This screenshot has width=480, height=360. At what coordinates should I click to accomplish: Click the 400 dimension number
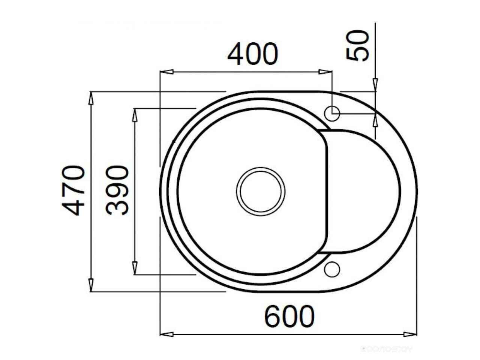coord(253,54)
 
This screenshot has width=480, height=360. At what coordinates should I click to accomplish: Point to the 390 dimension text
coord(117,190)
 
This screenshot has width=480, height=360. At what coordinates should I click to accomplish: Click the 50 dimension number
coord(358,46)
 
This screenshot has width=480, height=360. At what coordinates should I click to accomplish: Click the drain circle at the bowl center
coord(261,191)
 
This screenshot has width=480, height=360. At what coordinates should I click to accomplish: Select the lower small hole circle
coord(332,270)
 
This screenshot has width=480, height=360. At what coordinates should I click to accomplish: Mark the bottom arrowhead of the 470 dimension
coord(91,285)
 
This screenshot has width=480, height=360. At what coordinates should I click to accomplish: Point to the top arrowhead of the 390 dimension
coord(135,115)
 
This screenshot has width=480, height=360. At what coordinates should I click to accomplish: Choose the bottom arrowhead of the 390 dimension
coord(135,268)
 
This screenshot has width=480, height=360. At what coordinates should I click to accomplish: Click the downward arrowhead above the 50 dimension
coord(375,85)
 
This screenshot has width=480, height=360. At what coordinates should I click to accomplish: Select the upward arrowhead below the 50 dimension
coord(375,120)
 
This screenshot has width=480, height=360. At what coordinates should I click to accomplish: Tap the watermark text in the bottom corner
coord(386,349)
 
